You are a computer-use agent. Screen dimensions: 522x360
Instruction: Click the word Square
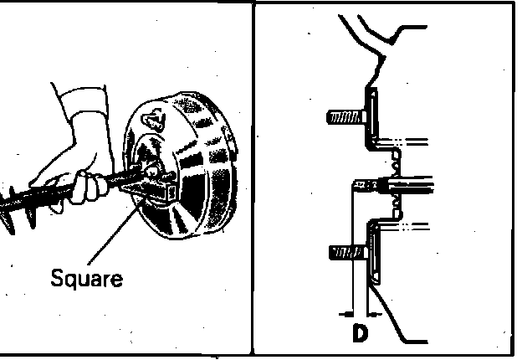[86, 277]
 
